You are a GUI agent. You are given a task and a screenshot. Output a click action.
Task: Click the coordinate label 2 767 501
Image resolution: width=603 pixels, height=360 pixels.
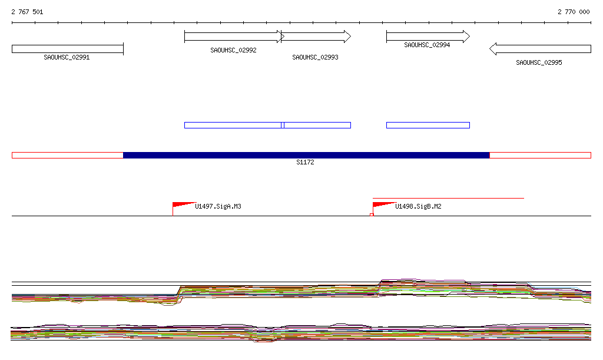pos(27,12)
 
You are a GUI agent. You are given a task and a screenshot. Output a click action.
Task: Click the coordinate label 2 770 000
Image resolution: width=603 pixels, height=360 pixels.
pos(574,12)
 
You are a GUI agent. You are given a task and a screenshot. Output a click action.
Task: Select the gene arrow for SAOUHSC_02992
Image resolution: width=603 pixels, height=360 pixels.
pos(233,37)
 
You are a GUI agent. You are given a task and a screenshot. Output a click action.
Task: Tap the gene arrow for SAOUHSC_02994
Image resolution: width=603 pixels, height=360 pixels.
pos(428,37)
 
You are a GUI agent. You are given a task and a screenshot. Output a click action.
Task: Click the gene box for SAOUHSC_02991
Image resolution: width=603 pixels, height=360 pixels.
pos(67,49)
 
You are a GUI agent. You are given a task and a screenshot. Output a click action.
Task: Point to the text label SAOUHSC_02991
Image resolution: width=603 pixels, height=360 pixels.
pos(67,58)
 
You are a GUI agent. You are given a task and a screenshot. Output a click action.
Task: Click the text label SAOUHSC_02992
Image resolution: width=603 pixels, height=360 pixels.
pos(233,51)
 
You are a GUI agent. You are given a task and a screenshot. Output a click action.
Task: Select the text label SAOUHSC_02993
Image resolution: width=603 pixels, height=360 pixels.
pos(315,58)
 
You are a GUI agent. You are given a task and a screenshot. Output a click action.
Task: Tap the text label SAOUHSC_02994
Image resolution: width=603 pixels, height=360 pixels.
pos(427,45)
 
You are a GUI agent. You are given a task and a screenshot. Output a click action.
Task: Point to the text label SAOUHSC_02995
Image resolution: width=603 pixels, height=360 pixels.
pos(539,62)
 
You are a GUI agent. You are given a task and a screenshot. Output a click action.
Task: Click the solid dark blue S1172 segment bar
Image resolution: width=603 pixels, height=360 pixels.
pos(306,155)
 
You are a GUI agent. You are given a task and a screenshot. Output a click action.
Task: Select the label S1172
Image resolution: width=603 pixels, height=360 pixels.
pos(305,163)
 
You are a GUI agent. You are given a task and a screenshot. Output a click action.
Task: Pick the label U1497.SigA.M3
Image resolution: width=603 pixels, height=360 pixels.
pos(218,207)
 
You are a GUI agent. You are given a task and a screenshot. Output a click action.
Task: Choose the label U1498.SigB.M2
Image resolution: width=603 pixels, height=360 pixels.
pos(418,207)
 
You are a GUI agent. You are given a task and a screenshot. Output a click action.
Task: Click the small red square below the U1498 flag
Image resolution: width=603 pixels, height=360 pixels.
pos(372,215)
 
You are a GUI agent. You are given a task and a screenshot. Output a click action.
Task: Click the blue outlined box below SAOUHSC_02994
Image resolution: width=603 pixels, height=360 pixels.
pos(428,125)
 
